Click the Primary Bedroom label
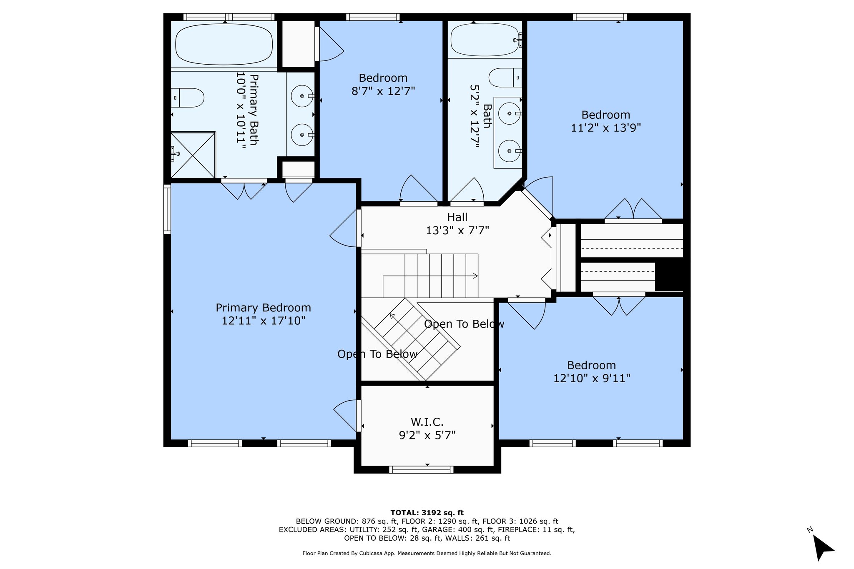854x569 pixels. click(x=263, y=308)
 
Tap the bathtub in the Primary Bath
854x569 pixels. click(x=224, y=44)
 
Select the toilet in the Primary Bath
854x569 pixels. click(x=188, y=98)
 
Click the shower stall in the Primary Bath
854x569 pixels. click(x=193, y=155)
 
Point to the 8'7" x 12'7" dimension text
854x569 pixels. click(x=383, y=91)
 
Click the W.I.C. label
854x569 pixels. click(x=427, y=422)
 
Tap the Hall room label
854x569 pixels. click(x=457, y=217)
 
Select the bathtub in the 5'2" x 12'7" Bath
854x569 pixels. click(x=485, y=40)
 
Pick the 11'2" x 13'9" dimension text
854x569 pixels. click(x=606, y=128)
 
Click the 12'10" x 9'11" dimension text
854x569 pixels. click(x=592, y=378)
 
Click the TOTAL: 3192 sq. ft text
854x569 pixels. click(x=427, y=513)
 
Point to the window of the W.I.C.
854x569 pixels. click(x=421, y=470)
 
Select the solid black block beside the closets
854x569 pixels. click(x=669, y=276)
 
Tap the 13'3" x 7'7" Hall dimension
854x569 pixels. click(x=457, y=230)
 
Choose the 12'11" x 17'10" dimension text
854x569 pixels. click(x=264, y=321)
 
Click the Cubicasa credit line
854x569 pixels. click(x=427, y=553)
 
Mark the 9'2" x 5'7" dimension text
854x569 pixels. click(x=427, y=435)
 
